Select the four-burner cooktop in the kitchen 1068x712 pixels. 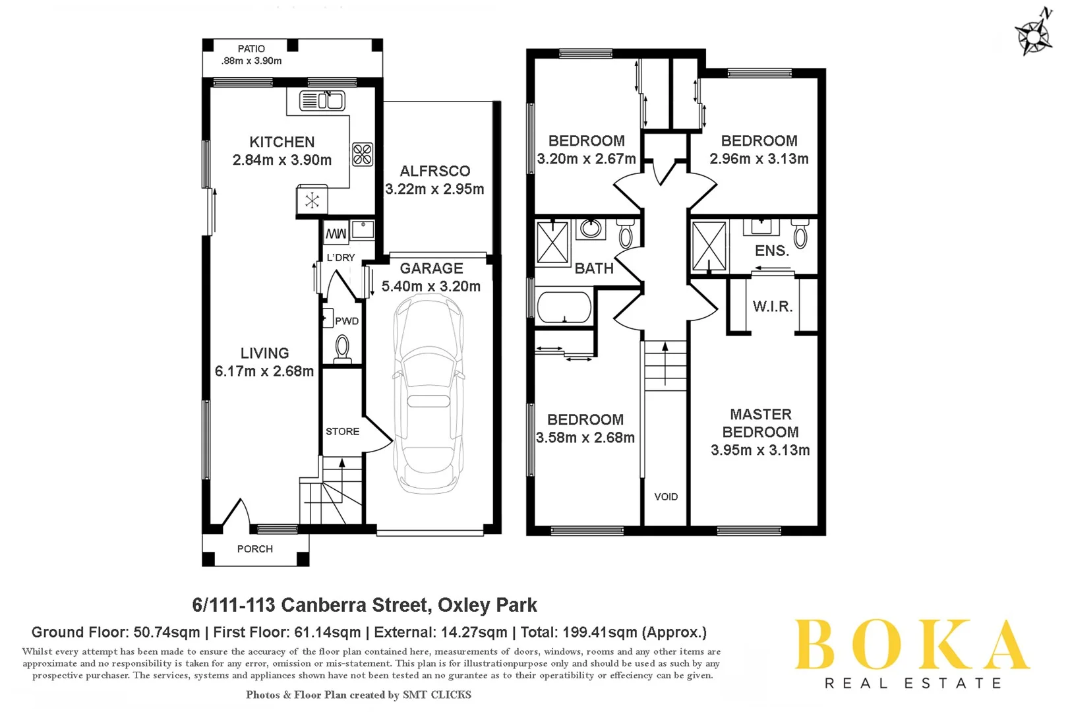[363, 154]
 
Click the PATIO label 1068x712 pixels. [251, 49]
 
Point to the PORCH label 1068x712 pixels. [255, 549]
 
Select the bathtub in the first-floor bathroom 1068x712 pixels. [564, 307]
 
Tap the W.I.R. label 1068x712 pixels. [773, 307]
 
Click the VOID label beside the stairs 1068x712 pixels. [666, 496]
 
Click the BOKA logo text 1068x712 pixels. [912, 645]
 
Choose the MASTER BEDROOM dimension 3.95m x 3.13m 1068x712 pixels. [760, 450]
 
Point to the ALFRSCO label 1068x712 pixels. [435, 171]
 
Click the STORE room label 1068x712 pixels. [342, 431]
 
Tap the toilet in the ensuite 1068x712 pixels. [800, 233]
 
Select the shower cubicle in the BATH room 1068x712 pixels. [552, 243]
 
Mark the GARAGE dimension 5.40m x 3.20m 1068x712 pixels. [431, 286]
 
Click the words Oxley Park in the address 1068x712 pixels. [487, 605]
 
